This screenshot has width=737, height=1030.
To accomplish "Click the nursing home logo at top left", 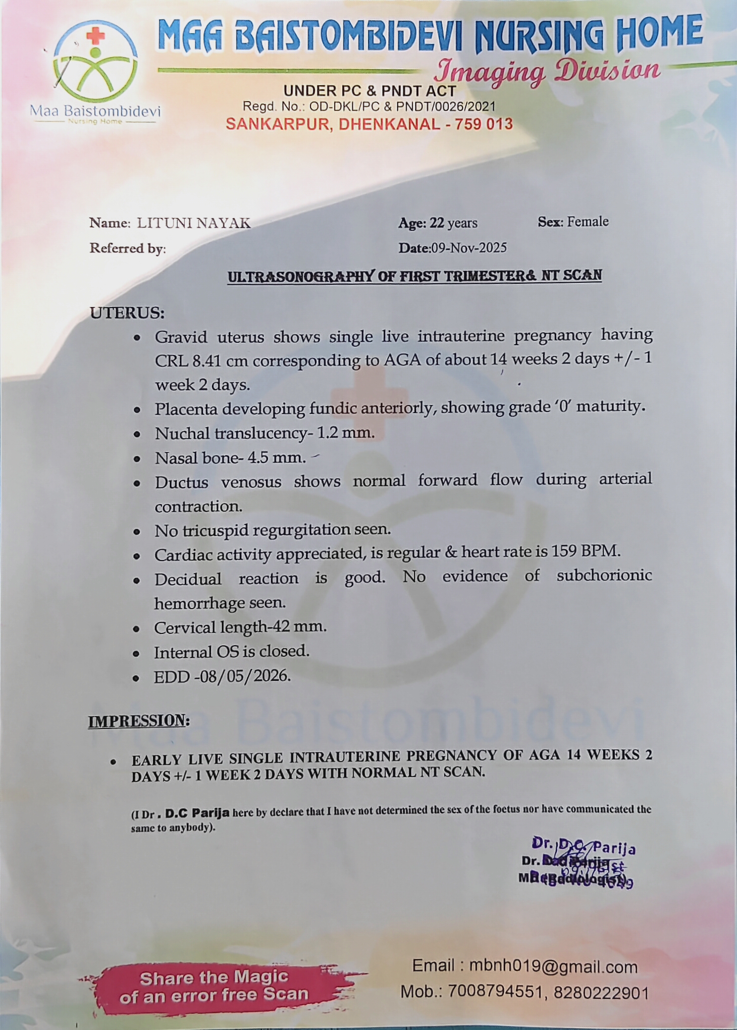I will [x=96, y=69].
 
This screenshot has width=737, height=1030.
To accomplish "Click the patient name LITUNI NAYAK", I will [x=194, y=223].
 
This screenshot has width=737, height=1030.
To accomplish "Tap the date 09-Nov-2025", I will [x=469, y=248].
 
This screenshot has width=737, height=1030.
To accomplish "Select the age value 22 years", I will [x=454, y=223].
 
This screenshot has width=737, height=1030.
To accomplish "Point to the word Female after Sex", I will [x=587, y=221].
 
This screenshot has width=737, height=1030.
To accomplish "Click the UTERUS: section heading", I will [x=127, y=313].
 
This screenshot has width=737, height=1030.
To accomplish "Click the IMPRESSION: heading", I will [x=139, y=721].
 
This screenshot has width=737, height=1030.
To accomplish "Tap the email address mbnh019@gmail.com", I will [x=553, y=966].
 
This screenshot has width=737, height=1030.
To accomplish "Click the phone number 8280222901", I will [x=601, y=992].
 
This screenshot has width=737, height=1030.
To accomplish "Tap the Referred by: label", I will [x=127, y=248].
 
